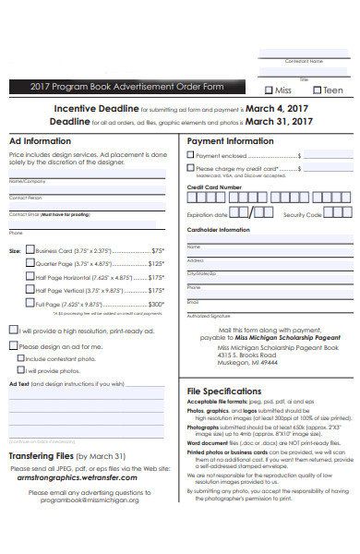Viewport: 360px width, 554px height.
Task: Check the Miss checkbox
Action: point(269,90)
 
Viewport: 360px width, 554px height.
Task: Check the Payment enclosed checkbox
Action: point(191,156)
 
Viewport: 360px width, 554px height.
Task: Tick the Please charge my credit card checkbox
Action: point(191,169)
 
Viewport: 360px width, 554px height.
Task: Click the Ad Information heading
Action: point(40,141)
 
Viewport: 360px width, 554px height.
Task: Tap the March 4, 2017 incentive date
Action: point(271,107)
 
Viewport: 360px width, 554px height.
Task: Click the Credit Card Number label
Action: point(214,187)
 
